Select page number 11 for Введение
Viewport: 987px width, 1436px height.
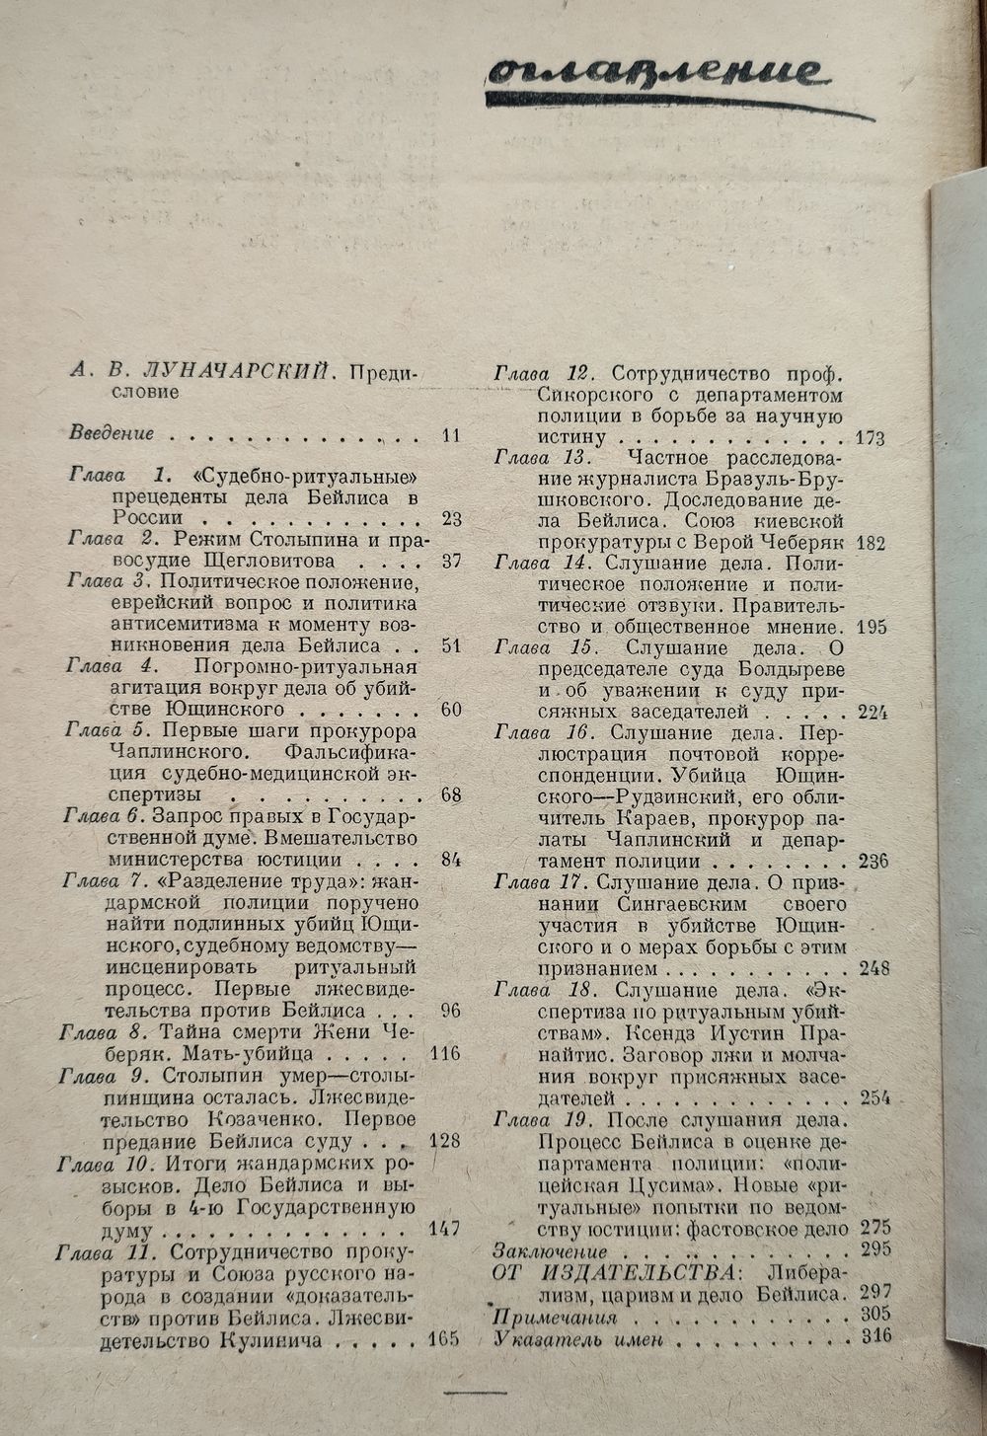click(450, 433)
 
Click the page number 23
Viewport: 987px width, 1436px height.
click(451, 519)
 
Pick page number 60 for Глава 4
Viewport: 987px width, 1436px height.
click(451, 710)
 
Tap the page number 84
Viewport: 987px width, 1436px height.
click(451, 859)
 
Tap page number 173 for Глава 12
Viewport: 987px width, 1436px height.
click(870, 438)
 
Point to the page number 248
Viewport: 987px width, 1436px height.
click(873, 967)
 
